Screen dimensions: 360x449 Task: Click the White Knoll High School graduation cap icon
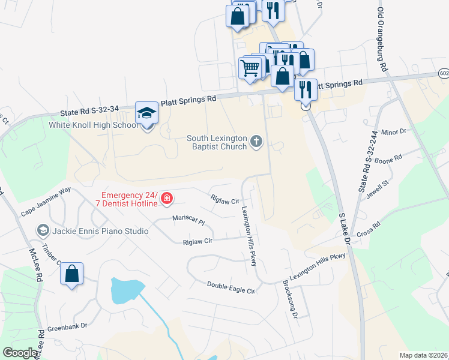(x=146, y=113)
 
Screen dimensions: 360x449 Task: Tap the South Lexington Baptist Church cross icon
(x=256, y=142)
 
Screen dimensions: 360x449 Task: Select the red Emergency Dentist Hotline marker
(x=167, y=199)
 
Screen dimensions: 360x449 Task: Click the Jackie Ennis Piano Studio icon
(x=43, y=230)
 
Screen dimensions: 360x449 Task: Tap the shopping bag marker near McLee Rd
(x=71, y=274)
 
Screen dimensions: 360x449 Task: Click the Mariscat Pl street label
(x=188, y=220)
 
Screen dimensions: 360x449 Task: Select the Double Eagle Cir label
(x=231, y=287)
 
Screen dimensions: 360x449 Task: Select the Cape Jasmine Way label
(x=46, y=202)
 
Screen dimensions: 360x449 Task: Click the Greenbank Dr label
(x=67, y=326)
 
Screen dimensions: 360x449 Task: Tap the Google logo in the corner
(x=20, y=353)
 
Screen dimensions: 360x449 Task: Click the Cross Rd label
(x=368, y=230)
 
